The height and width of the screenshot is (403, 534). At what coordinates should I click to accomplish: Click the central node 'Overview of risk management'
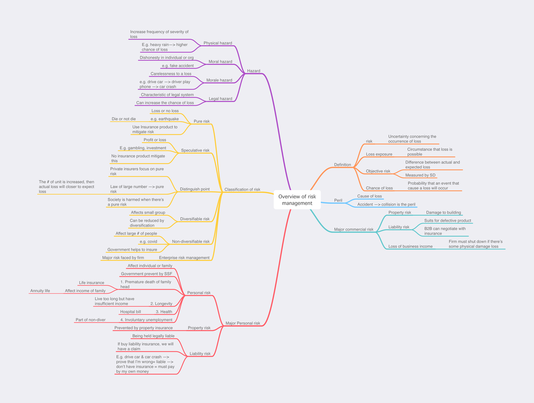297,200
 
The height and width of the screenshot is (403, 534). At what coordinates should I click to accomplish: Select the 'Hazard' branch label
254,71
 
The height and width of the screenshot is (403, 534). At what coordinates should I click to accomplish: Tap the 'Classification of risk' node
242,189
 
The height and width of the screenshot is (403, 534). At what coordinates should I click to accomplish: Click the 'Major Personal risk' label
243,323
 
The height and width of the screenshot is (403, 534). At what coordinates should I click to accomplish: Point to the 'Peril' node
338,200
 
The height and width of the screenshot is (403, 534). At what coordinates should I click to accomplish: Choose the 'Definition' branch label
342,165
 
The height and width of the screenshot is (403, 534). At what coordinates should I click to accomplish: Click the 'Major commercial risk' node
353,229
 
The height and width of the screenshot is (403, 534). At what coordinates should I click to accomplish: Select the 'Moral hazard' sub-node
220,61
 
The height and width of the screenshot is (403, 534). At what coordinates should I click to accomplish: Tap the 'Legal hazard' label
220,99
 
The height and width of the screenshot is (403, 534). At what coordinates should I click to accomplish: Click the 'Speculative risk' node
195,150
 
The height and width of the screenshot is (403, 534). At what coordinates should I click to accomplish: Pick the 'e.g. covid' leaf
148,242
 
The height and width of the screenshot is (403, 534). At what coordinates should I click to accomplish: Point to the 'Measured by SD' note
420,175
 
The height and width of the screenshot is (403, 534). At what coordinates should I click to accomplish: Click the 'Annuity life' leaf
40,291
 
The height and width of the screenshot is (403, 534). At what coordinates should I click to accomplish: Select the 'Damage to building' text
443,213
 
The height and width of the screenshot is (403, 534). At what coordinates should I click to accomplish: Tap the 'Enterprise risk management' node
184,258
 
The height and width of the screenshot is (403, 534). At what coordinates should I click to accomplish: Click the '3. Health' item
164,312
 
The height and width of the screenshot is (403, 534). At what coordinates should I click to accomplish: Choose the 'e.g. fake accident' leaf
178,66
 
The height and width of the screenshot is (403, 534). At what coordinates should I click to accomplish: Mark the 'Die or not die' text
124,119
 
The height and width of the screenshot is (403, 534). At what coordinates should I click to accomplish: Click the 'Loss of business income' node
410,246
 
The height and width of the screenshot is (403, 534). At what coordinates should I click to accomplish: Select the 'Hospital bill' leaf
130,312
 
